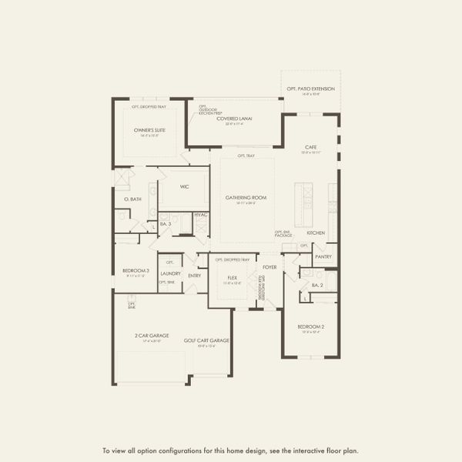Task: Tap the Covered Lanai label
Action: [234, 119]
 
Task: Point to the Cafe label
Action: [311, 147]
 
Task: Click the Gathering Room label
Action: [246, 198]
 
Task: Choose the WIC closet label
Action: [185, 186]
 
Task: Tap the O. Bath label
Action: [132, 199]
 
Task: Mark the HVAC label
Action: [201, 215]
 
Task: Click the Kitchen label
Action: [316, 233]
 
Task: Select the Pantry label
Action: [323, 256]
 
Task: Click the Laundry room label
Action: [170, 273]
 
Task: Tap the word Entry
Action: [194, 276]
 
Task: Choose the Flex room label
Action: [232, 277]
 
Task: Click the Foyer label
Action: [269, 267]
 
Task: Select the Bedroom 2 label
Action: [311, 326]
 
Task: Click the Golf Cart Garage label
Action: [206, 340]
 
